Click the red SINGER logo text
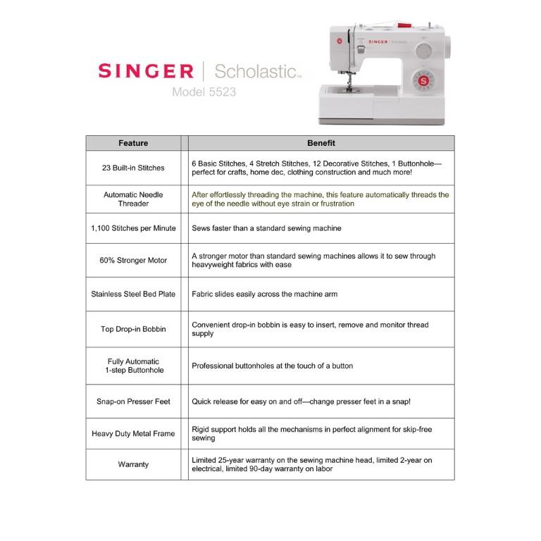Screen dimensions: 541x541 (x=145, y=71)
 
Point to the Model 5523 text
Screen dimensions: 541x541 (x=204, y=92)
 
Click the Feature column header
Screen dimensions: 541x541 (x=133, y=143)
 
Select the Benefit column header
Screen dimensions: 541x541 (x=321, y=143)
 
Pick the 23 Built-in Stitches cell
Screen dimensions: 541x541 (x=133, y=168)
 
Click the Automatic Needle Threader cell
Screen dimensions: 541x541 (x=133, y=199)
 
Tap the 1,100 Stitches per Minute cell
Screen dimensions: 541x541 (x=133, y=228)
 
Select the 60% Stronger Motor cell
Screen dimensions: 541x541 (x=133, y=261)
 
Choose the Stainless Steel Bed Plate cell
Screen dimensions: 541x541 (x=133, y=294)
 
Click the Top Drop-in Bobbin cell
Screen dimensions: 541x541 (x=133, y=329)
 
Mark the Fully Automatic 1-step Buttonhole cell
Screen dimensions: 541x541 (x=133, y=366)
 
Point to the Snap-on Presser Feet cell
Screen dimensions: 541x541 (x=133, y=402)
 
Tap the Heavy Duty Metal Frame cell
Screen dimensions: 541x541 (x=133, y=434)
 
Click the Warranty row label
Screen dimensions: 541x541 (x=133, y=464)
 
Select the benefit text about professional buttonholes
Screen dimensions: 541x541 (x=273, y=366)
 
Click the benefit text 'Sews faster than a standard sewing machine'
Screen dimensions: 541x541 (x=266, y=228)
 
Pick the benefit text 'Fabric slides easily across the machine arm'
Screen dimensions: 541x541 (x=264, y=294)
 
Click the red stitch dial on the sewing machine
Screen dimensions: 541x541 (x=423, y=81)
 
